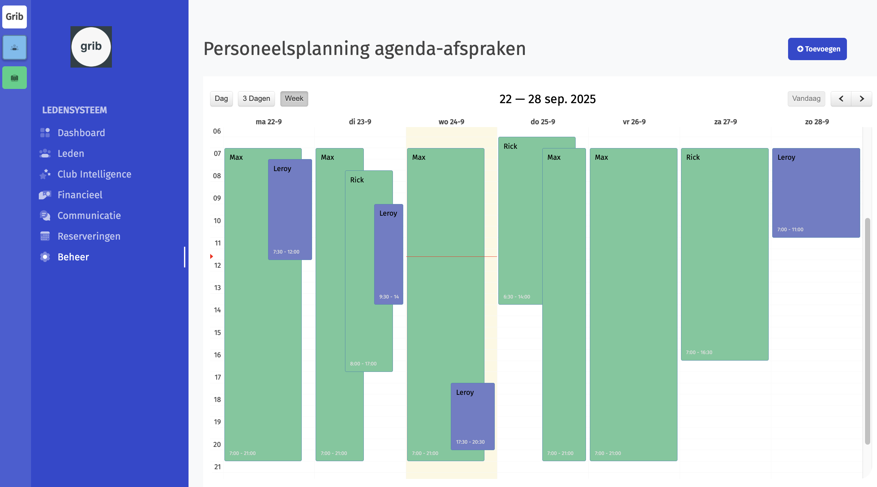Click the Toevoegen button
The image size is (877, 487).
click(817, 49)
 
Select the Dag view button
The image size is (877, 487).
click(221, 99)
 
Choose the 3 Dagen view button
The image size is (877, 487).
click(256, 99)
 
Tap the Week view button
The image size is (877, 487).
click(294, 99)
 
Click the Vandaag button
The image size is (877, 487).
click(806, 99)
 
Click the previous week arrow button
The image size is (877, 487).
click(841, 99)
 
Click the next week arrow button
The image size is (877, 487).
click(861, 99)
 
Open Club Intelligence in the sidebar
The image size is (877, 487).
click(94, 174)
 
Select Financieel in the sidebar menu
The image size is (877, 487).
click(80, 195)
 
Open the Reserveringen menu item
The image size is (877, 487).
click(89, 236)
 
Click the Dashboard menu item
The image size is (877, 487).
click(81, 133)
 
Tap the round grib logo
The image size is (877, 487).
click(91, 47)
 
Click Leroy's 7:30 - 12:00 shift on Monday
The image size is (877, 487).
click(290, 210)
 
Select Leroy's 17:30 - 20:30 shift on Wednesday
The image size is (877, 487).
click(472, 416)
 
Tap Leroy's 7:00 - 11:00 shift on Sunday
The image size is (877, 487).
click(816, 192)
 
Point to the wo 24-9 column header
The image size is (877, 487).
click(451, 122)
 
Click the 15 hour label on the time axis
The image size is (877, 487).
click(217, 332)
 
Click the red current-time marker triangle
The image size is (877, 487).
click(211, 256)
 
